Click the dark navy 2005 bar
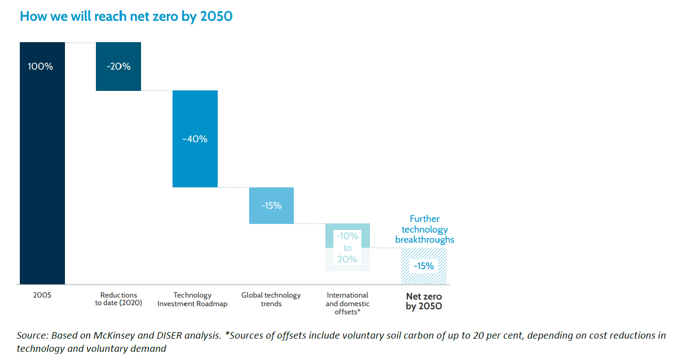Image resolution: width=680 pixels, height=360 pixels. tap(42, 178)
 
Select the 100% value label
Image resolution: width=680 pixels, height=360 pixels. tap(40, 66)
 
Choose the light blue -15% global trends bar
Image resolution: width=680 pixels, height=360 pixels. tap(271, 206)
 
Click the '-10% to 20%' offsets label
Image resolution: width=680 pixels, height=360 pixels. tap(347, 248)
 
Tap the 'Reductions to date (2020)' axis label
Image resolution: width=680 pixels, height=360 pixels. tap(118, 299)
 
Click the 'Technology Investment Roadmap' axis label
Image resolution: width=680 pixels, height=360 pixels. tap(192, 299)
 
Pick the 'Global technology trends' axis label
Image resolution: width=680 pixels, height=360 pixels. tap(271, 299)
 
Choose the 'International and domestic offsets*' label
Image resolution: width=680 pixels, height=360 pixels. tap(348, 303)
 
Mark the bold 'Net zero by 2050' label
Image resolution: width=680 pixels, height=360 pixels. tap(424, 301)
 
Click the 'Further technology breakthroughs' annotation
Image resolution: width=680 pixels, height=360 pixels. tap(425, 229)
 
